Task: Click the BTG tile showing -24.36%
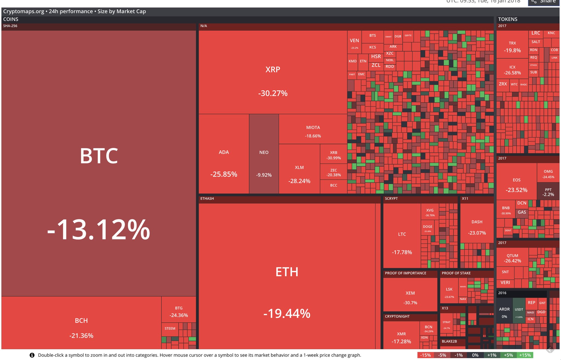click(x=179, y=311)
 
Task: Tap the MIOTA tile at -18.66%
click(x=313, y=131)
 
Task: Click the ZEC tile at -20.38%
click(x=334, y=172)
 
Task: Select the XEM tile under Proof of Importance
click(x=410, y=297)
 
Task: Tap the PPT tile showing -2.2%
click(x=548, y=192)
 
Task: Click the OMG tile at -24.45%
click(x=548, y=174)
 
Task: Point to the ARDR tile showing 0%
click(x=504, y=312)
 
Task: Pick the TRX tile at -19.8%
click(x=512, y=47)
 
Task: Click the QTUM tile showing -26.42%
click(x=512, y=258)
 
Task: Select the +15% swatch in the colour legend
click(x=525, y=355)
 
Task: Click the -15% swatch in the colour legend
click(x=425, y=355)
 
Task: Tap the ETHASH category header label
click(x=207, y=199)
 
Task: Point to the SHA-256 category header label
click(x=10, y=26)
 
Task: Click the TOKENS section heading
click(x=508, y=19)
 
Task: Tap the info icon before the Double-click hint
click(x=32, y=355)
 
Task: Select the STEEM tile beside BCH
click(x=170, y=328)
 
